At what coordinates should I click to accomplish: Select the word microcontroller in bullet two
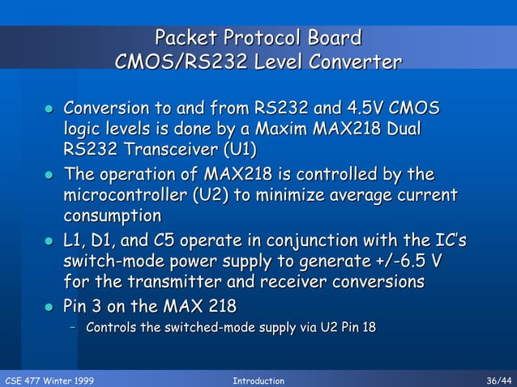pos(127,195)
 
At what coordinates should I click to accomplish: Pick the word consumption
pos(112,215)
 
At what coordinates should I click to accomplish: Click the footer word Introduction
pos(258,381)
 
